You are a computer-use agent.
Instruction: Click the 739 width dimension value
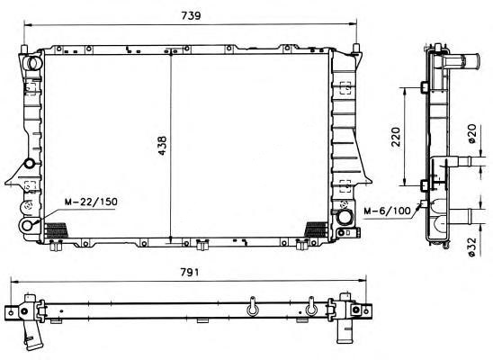point(191,15)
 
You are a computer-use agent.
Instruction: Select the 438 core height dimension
point(162,145)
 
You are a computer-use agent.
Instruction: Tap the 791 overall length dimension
point(190,272)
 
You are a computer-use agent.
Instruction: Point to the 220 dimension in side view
point(396,137)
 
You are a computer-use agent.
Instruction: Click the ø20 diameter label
point(472,134)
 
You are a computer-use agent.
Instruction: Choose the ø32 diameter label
point(472,247)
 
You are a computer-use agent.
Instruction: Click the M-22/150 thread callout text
point(91,202)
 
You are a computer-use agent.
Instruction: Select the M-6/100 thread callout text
point(387,211)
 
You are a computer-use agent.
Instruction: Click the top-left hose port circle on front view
point(32,63)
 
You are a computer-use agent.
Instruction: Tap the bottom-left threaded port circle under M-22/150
point(27,225)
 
